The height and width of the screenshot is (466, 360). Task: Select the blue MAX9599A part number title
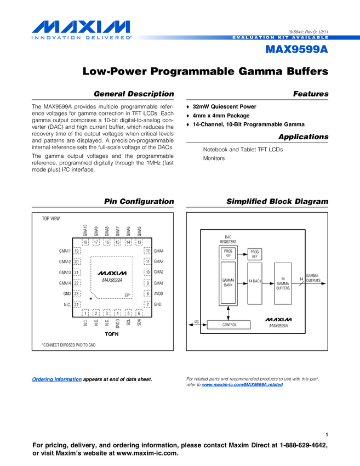coord(296,49)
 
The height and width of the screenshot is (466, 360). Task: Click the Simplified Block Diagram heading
coord(277,202)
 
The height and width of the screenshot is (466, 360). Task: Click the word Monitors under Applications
coord(214,158)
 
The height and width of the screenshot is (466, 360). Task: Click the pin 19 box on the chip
coord(77,251)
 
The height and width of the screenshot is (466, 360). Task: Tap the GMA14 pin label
coord(65,283)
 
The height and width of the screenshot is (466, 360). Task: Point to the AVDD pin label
coord(159,294)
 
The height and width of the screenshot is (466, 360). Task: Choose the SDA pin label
coord(139,323)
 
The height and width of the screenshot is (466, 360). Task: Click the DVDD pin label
coord(118,324)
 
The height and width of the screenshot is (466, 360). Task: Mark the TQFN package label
coord(112,333)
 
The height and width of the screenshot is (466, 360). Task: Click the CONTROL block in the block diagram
coord(229,325)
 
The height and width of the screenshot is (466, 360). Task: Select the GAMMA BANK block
coord(228,283)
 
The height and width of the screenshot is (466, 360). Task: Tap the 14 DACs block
coord(255,281)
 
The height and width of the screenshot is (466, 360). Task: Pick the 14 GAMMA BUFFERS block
coord(283,283)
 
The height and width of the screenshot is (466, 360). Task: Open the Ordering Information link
coord(57,379)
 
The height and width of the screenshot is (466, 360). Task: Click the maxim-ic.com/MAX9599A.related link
coord(243,385)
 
